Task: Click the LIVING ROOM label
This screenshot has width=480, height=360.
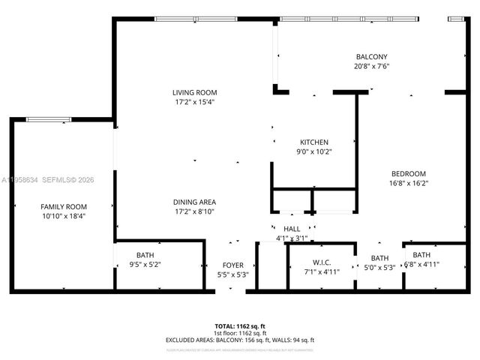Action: point(196,92)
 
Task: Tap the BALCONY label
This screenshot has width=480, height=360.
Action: point(371,56)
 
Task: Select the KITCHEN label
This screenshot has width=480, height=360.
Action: point(314,142)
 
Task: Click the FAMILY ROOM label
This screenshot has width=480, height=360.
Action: point(64,206)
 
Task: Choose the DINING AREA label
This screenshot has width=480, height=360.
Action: point(195,202)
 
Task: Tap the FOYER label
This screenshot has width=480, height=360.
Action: point(232,265)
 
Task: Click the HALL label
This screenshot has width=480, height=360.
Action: point(292,229)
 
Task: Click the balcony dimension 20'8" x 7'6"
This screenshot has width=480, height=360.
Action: point(371,66)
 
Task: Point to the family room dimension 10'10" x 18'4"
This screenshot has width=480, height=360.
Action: point(64,216)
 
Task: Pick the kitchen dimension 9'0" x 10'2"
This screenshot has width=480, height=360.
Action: point(314,151)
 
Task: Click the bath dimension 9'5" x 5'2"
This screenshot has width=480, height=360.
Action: point(145,265)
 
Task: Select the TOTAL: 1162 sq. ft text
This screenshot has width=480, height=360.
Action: point(239,326)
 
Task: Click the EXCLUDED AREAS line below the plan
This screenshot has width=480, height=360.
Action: point(239,340)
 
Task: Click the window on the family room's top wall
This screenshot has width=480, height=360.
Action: point(49,118)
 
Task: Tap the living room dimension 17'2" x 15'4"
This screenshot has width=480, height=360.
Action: point(196,102)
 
